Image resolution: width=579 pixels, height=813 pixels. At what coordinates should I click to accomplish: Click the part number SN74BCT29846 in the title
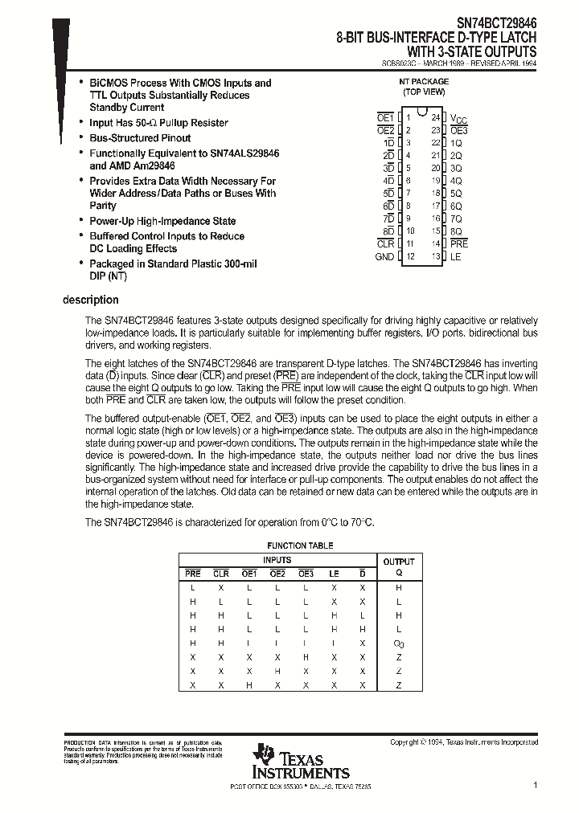coord(493,23)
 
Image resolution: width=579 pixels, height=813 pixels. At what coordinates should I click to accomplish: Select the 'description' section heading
coord(91,300)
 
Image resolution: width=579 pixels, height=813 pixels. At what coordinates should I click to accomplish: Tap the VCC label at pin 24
coord(458,118)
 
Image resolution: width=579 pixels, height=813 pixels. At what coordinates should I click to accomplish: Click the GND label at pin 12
coord(384,257)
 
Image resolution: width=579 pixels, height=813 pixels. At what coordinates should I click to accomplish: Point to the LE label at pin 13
coord(455,257)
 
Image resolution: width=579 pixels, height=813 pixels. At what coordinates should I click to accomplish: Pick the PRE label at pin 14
coord(459,243)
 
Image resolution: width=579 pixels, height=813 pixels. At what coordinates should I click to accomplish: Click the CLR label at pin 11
coord(385,243)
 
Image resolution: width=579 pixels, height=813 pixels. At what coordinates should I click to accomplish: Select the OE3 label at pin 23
coord(458,130)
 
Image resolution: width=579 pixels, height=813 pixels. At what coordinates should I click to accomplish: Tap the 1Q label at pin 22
coord(456,143)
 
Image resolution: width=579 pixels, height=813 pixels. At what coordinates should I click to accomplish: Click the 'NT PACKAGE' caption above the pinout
coord(424,82)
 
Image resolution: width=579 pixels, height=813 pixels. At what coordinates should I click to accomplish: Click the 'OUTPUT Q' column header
coord(398,566)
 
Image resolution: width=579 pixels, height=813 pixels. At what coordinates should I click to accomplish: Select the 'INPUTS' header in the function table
coord(277,560)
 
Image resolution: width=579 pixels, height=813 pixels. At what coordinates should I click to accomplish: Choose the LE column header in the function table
coord(334,574)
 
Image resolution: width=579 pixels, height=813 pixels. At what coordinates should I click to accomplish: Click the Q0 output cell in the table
coord(398,643)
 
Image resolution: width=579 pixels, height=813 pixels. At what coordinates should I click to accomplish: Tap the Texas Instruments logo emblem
coord(263,756)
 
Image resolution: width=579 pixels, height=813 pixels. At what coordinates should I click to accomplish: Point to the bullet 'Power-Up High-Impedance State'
coord(162,221)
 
